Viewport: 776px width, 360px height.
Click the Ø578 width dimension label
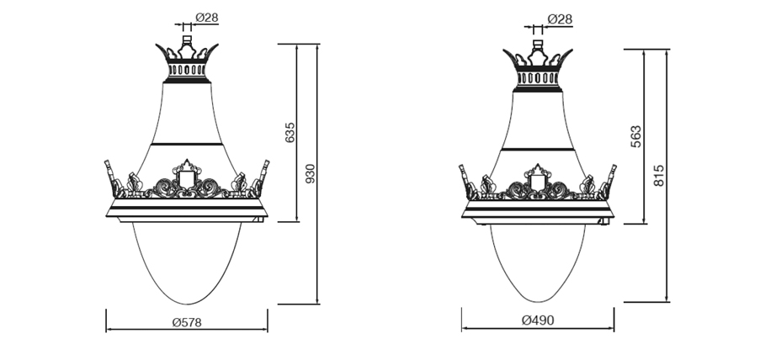pos(186,322)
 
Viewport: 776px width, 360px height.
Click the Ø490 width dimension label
pos(538,321)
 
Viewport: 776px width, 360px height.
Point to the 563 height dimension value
pos(636,136)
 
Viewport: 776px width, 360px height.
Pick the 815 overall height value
pos(659,175)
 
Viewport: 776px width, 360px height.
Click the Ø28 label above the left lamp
pos(207,17)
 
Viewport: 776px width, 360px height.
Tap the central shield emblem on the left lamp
pos(186,178)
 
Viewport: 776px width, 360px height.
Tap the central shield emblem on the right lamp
pos(538,181)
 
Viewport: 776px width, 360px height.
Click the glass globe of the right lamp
pos(538,261)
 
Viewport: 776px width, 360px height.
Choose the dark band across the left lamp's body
pos(187,145)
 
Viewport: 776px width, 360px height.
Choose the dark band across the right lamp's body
pos(538,149)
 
